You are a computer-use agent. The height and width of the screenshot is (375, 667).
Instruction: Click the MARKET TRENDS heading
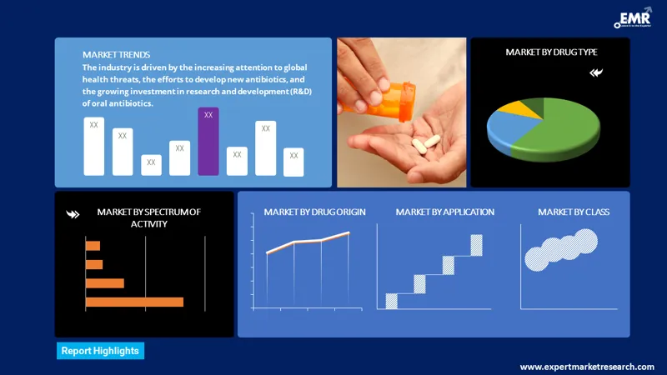pyautogui.click(x=117, y=54)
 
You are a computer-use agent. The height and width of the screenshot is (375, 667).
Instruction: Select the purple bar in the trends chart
pyautogui.click(x=208, y=142)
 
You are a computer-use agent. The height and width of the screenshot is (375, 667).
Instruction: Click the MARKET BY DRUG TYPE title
pyautogui.click(x=551, y=52)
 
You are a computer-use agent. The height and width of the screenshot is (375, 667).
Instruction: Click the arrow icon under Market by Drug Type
pyautogui.click(x=595, y=72)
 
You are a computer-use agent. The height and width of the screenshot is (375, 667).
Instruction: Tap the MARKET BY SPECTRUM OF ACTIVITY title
pyautogui.click(x=148, y=217)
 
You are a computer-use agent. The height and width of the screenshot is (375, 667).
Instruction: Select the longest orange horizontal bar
pyautogui.click(x=134, y=302)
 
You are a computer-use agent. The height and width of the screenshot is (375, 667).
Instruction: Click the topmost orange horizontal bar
pyautogui.click(x=93, y=246)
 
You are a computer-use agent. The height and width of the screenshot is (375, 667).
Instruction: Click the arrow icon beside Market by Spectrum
pyautogui.click(x=73, y=214)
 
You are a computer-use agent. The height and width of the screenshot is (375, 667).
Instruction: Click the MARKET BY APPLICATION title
pyautogui.click(x=445, y=212)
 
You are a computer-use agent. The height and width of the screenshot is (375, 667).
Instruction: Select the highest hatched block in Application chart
pyautogui.click(x=476, y=245)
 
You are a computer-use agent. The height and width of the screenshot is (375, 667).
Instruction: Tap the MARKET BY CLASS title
pyautogui.click(x=574, y=212)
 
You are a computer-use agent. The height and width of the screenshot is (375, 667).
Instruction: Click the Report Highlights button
pyautogui.click(x=100, y=351)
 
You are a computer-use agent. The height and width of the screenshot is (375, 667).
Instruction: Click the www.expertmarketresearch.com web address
pyautogui.click(x=587, y=367)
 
